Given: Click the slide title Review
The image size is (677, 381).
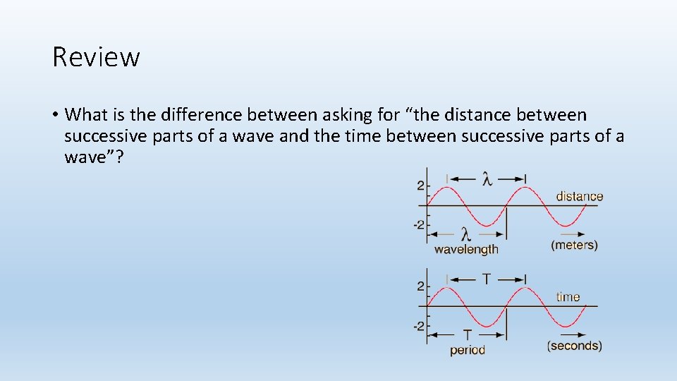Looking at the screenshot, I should (96, 56).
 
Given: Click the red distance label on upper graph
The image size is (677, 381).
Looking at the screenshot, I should (579, 196).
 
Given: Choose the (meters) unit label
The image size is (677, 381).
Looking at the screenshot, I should (574, 245).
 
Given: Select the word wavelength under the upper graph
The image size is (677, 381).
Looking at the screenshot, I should (466, 248).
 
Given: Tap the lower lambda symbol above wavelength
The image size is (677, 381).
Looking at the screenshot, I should (465, 234).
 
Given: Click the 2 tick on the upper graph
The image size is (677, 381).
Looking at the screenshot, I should (420, 186).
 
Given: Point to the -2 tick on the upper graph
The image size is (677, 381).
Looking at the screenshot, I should (419, 225).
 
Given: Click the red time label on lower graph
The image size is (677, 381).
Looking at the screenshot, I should (568, 296).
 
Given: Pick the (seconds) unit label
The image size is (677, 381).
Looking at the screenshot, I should (574, 346).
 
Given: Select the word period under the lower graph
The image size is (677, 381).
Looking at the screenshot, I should (468, 349).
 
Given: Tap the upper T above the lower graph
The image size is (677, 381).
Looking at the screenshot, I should (487, 279).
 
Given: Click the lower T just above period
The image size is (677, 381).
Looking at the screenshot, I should (467, 334).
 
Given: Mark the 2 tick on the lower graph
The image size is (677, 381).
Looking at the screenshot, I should (420, 286).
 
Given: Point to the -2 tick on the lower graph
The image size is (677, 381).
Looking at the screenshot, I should (419, 326).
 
